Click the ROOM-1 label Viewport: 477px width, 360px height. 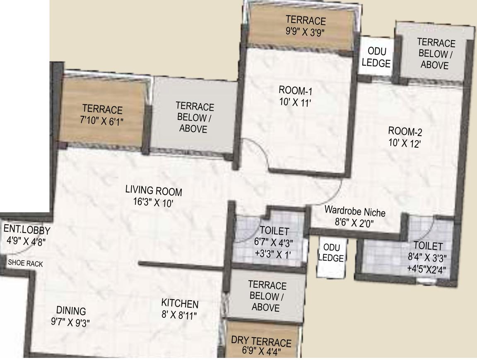[x=295, y=91]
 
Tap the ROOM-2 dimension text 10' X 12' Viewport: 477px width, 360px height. [x=405, y=144]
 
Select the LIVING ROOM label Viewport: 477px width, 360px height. [x=154, y=191]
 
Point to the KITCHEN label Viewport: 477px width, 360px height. [x=180, y=304]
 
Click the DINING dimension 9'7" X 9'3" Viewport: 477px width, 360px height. [x=70, y=322]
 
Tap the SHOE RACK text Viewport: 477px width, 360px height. [x=25, y=264]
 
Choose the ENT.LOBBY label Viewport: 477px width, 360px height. [x=27, y=230]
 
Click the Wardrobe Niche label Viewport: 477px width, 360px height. [x=355, y=211]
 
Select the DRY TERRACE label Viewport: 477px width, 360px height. [x=261, y=342]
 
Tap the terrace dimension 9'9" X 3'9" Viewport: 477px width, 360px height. [x=306, y=32]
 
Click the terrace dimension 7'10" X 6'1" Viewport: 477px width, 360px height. [x=102, y=121]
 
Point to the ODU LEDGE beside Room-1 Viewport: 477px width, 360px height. [x=376, y=57]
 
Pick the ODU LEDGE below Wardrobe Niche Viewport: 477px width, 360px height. [x=331, y=252]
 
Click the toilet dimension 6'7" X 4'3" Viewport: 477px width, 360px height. [x=274, y=242]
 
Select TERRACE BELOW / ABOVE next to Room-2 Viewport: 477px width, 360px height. [x=436, y=54]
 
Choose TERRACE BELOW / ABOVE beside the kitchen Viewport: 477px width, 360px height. [x=267, y=296]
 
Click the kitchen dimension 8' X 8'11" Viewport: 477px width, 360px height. [x=179, y=315]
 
